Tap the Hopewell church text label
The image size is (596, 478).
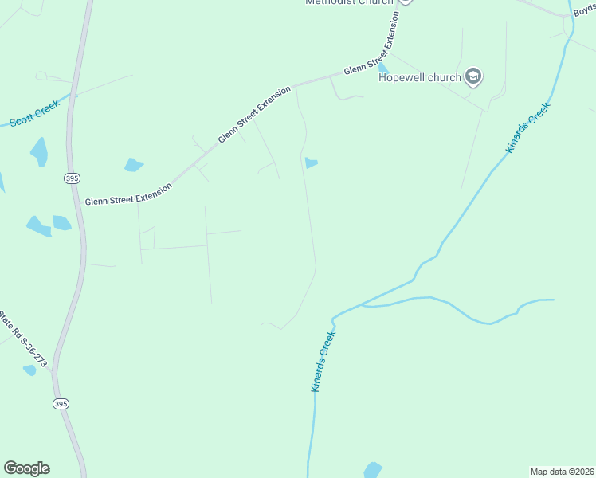coord(419,77)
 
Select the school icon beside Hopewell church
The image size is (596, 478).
coord(474,76)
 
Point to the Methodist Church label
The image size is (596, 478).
coord(349,2)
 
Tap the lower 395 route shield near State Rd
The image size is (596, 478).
coord(61,404)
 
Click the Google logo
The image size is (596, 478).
coord(26,468)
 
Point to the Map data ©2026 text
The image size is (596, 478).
coord(562,472)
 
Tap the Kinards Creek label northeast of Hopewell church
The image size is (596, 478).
coord(527,127)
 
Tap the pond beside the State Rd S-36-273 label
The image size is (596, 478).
coord(30,370)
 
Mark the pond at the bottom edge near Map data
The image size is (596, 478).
coord(372,470)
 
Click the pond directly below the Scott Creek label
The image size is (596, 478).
coord(39,151)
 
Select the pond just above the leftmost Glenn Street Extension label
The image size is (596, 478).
coord(133,165)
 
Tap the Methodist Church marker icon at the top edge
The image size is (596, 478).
coord(406,2)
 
